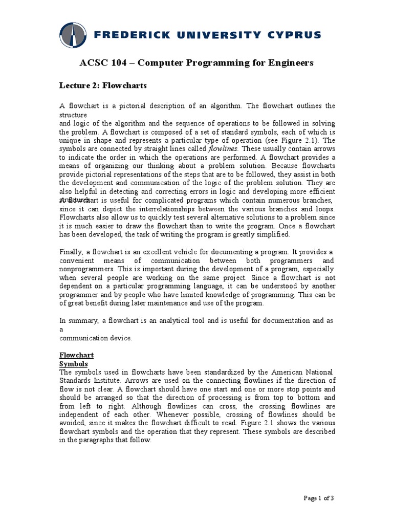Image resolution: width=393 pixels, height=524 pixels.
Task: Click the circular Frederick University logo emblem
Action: click(x=76, y=36)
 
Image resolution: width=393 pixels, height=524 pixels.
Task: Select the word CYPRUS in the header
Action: click(x=294, y=35)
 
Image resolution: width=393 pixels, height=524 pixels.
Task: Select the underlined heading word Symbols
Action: click(x=74, y=363)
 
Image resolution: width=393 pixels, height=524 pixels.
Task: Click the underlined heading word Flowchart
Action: click(x=77, y=355)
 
